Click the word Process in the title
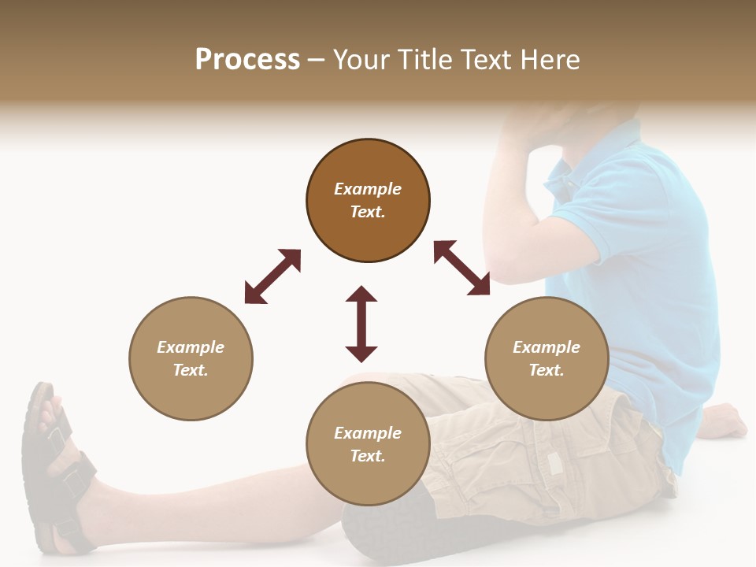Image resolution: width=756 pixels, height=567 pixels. pos(247,60)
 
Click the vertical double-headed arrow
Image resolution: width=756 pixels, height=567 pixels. pos(361,324)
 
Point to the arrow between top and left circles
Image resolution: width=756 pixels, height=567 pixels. pos(272,276)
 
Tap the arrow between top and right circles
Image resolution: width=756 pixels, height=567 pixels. pos(462,268)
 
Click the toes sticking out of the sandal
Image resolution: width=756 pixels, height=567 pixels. pos(50,409)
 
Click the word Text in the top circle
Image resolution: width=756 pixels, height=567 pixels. pos(367,212)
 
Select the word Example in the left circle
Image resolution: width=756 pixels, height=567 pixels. pos(191,347)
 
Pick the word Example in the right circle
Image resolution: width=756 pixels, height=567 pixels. pos(547,347)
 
